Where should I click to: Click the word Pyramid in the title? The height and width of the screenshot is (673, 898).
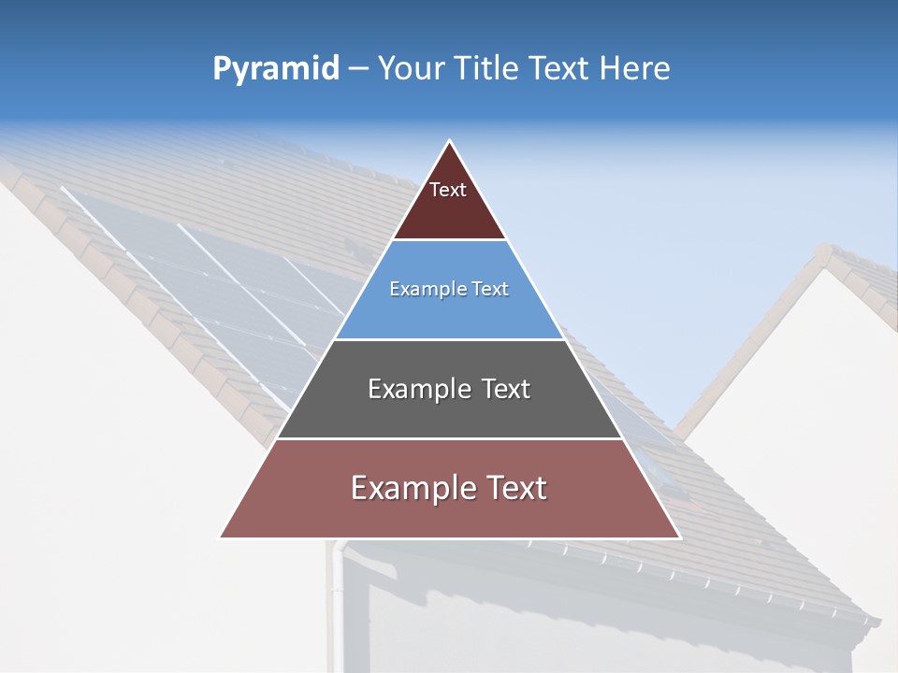point(275,69)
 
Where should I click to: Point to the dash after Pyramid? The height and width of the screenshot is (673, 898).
point(357,69)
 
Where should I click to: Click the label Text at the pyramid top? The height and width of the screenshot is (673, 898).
point(448,190)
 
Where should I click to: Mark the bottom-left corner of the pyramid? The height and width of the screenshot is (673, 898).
point(221,537)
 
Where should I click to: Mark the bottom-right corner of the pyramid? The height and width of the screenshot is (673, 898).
point(680,537)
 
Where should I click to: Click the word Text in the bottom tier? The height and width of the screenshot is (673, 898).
point(515,488)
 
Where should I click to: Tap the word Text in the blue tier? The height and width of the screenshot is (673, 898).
point(488,289)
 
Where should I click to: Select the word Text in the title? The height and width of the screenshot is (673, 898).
point(561,68)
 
